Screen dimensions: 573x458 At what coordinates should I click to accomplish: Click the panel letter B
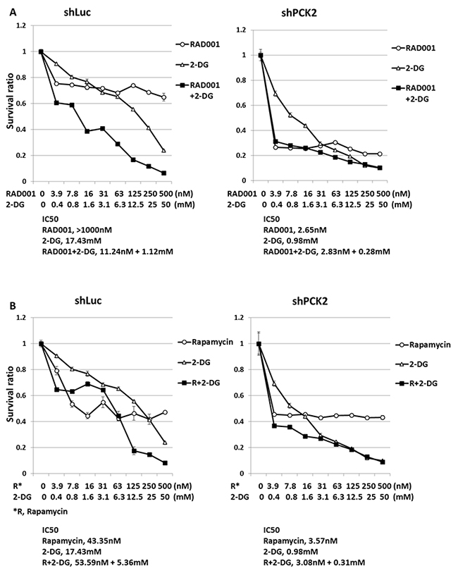click(x=7, y=305)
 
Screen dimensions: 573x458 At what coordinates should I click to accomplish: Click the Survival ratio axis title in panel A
click(x=8, y=104)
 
